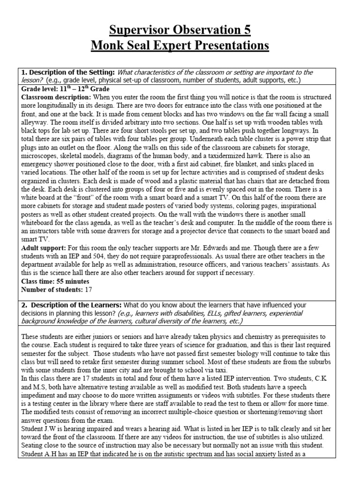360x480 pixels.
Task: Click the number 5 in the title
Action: (x=246, y=30)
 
